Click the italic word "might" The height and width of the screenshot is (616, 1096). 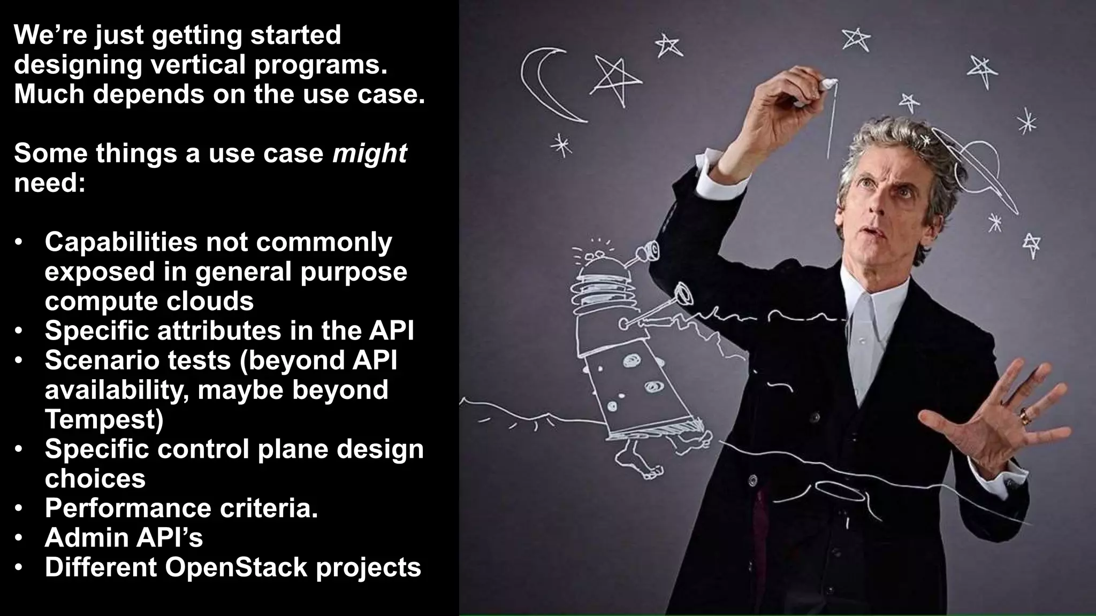coord(369,154)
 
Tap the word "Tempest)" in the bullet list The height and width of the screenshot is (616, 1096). coord(104,420)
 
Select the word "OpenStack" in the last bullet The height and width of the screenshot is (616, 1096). coord(236,567)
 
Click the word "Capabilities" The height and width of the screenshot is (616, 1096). coord(120,242)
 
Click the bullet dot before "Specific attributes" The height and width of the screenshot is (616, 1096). coord(19,331)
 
